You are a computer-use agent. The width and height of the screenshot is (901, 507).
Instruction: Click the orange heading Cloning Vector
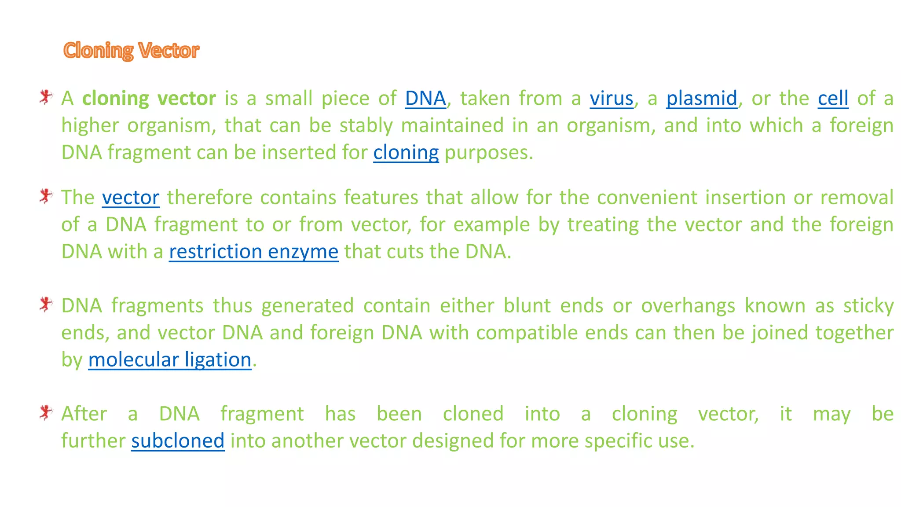point(131,51)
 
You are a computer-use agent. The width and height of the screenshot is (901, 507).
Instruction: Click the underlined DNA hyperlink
point(425,98)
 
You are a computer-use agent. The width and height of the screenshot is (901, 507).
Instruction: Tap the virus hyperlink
point(612,98)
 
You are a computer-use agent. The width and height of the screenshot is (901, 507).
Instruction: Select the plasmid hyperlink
point(702,98)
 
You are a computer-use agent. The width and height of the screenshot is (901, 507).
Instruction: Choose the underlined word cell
point(833,98)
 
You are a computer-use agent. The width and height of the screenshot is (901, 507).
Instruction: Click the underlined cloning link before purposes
point(406,153)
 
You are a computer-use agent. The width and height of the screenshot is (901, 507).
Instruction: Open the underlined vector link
point(131,197)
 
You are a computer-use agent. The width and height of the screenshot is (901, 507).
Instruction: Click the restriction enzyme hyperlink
point(254,252)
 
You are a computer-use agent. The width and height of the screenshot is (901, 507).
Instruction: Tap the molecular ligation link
point(170,360)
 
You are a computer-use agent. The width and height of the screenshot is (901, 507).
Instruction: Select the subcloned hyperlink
point(178,441)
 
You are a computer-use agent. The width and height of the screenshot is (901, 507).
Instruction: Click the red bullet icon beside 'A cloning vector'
point(45,97)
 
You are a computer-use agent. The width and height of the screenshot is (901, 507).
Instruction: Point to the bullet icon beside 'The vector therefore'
point(45,196)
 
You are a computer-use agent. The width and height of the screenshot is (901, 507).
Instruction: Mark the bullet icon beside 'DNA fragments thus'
point(45,304)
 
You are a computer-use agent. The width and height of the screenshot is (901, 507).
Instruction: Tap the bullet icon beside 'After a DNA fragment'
point(45,412)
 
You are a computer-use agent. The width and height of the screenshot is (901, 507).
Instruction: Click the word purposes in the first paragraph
point(488,153)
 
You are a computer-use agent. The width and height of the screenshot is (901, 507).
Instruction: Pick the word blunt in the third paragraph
point(527,305)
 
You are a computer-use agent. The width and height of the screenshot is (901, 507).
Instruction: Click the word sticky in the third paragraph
point(868,305)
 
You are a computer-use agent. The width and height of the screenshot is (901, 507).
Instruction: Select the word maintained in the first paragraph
point(452,125)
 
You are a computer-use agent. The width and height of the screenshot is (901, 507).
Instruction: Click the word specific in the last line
point(618,441)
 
